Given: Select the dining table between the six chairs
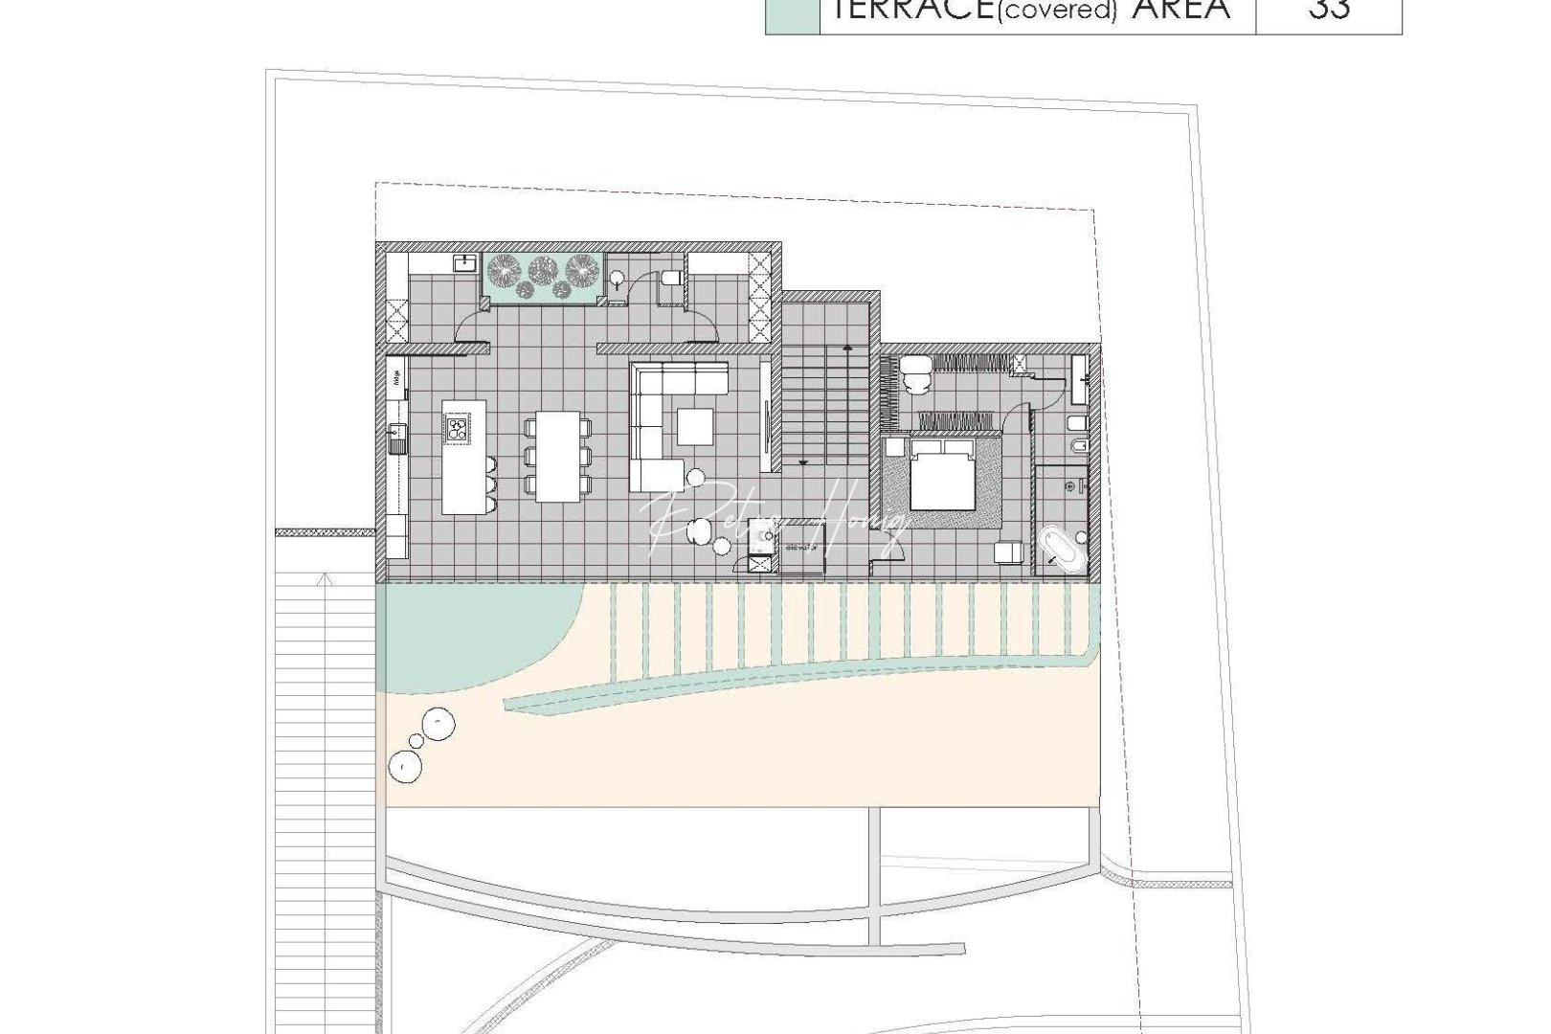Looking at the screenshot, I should (x=558, y=456).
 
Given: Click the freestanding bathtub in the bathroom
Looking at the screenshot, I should (x=1063, y=548).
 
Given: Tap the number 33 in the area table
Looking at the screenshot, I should (x=1328, y=10).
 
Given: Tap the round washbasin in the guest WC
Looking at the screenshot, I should (x=618, y=280).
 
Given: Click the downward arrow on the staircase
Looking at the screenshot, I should (x=802, y=461).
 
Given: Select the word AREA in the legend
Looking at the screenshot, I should (x=1181, y=10).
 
